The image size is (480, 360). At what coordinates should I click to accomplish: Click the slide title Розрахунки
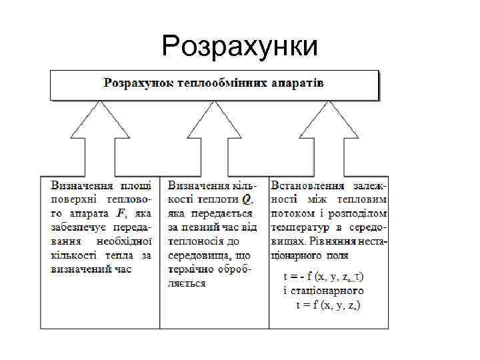point(240,47)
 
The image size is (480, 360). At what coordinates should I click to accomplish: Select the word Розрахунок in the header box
point(135,83)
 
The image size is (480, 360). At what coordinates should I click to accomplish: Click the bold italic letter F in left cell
point(121,213)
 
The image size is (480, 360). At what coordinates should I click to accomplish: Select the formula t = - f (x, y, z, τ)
point(324,276)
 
